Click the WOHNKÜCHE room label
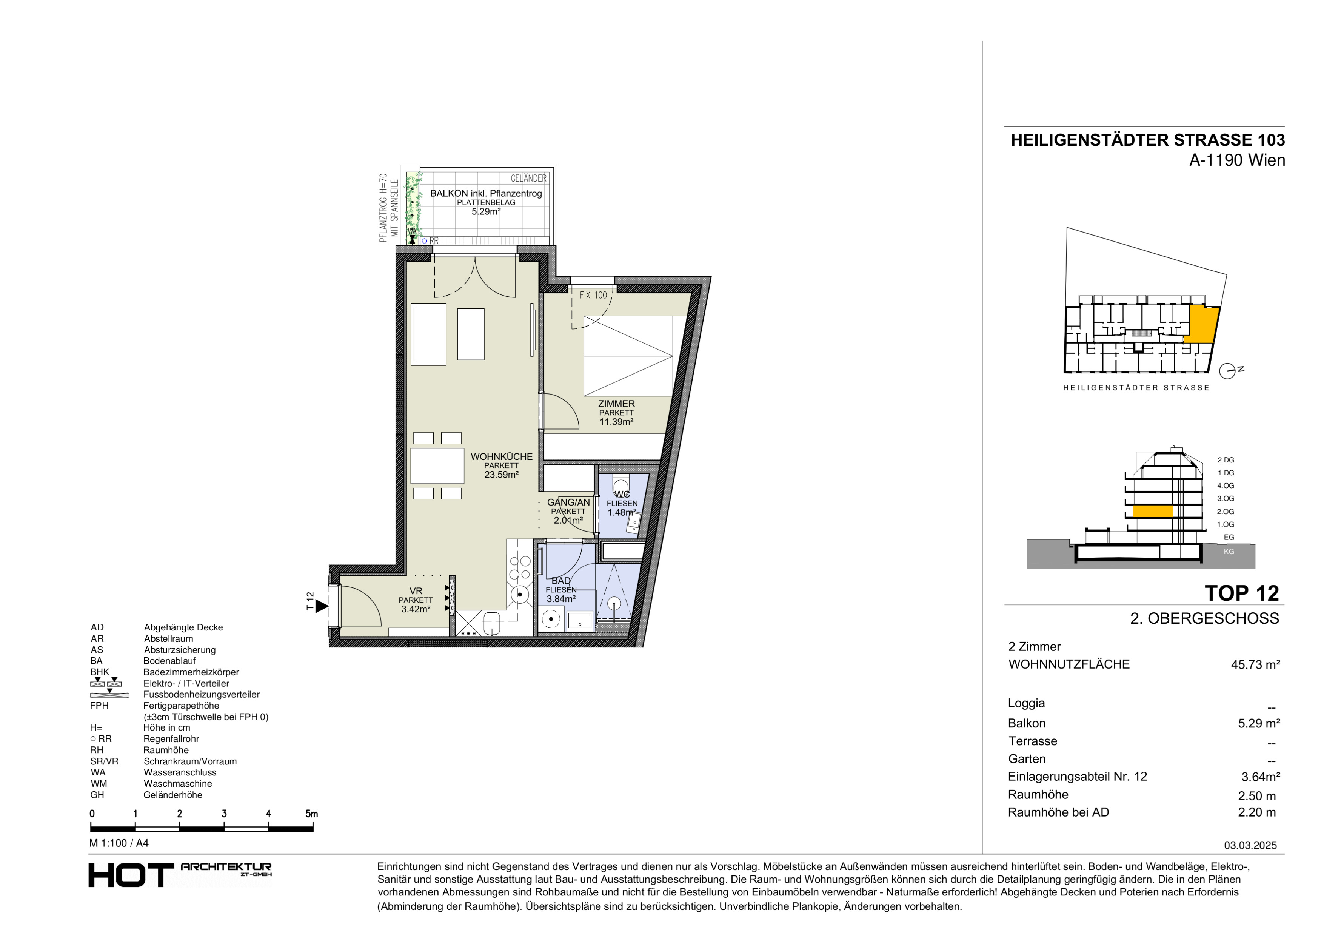pos(501,456)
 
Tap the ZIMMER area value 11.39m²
pos(616,422)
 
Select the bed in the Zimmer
pos(628,356)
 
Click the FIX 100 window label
pos(593,295)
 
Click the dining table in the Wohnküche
pos(437,465)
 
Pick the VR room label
pos(416,591)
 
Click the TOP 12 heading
pos(1242,593)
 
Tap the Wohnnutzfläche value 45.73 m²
pos(1255,665)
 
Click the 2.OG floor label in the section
pos(1226,512)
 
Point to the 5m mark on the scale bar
pos(311,814)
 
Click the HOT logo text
pos(131,875)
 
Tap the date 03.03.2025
pos(1250,845)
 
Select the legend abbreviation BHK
pos(100,672)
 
